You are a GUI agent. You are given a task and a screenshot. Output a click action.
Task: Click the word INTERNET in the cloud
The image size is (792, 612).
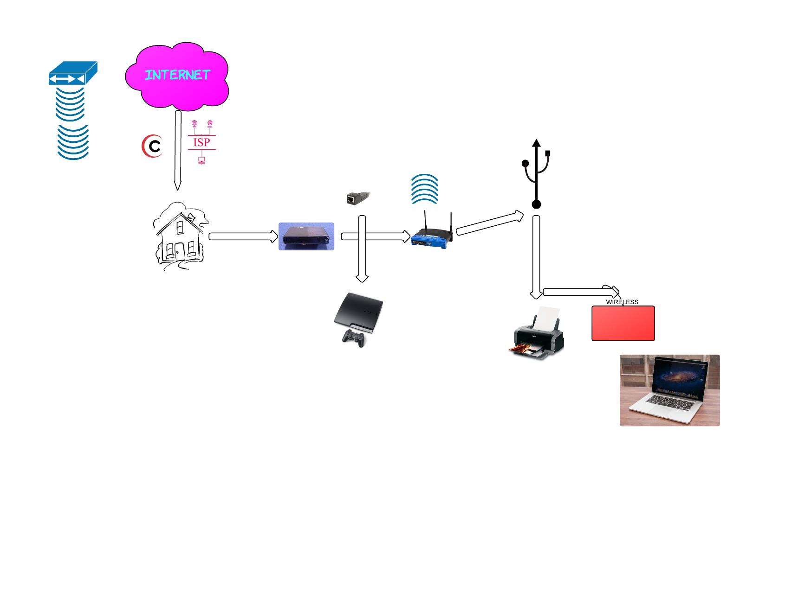click(177, 75)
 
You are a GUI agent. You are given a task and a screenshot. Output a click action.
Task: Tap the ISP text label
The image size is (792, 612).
click(201, 142)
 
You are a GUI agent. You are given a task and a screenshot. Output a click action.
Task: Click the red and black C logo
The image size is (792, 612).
click(152, 147)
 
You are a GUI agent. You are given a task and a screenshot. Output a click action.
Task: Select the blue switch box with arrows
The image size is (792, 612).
click(73, 74)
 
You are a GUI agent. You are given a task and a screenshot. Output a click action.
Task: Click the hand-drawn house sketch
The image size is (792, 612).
click(180, 237)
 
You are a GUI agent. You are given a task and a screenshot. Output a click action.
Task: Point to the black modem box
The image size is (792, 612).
click(306, 236)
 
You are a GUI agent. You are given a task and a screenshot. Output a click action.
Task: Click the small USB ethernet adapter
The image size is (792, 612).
click(358, 198)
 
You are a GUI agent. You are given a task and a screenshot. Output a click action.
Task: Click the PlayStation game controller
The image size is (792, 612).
click(354, 338)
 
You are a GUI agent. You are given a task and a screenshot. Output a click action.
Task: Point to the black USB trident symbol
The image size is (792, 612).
click(537, 174)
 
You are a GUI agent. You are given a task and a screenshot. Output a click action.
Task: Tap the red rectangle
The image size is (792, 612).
click(623, 324)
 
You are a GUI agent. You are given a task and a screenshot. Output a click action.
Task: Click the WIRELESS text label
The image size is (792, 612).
click(622, 302)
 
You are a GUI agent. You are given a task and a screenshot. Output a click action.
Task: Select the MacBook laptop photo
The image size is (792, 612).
click(669, 390)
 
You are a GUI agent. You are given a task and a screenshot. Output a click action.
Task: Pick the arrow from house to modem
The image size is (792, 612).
click(243, 236)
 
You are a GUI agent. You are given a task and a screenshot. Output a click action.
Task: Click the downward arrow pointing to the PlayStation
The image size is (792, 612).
click(362, 260)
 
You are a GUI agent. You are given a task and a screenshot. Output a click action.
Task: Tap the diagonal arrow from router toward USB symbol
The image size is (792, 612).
click(489, 223)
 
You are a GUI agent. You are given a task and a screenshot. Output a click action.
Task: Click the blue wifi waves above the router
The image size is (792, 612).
click(424, 189)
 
